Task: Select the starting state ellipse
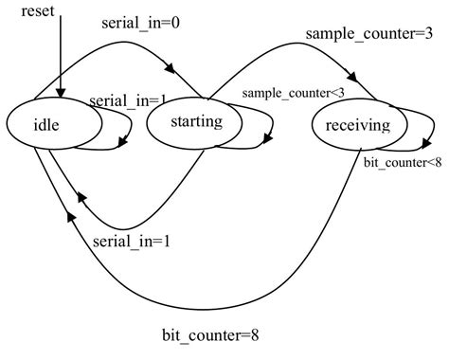click(196, 122)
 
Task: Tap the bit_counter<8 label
click(403, 162)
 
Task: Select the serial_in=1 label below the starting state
click(133, 240)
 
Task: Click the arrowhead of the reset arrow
click(60, 95)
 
